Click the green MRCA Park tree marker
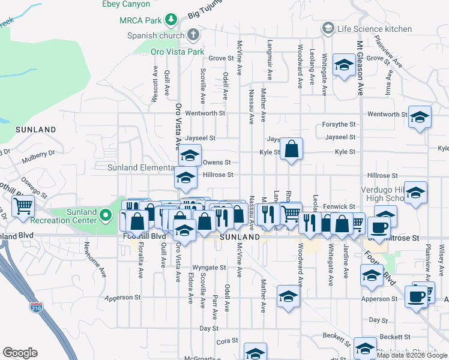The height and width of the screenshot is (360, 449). point(172,20)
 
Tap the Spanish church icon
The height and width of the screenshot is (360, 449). point(193,35)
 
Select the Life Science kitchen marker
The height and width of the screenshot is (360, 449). point(328,28)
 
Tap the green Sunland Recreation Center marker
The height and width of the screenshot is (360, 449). point(106,214)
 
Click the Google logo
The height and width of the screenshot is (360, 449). point(20,352)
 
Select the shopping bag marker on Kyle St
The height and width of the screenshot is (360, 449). point(291,149)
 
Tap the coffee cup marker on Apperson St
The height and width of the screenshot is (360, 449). point(416,296)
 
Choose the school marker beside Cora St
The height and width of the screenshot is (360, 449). point(255,353)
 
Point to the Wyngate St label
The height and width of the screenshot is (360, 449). point(209,267)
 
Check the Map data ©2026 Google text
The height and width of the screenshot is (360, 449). point(412,355)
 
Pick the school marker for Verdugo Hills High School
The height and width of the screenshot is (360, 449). point(415,193)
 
